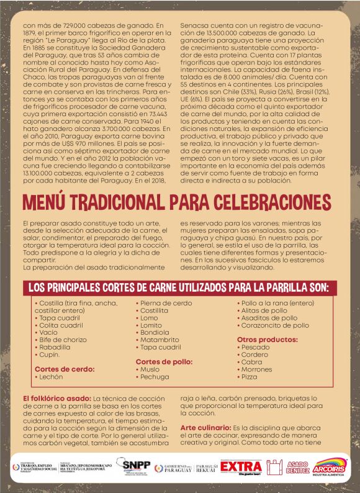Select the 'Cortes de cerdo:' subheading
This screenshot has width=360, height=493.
pos(65,368)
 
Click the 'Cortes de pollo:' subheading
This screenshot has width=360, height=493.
pos(164,361)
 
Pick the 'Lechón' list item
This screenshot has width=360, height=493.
pos(51,376)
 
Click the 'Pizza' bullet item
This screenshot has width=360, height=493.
pos(250,376)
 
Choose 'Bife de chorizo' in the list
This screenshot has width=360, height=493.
pos(63,340)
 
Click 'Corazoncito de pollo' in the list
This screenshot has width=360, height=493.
pos(275,325)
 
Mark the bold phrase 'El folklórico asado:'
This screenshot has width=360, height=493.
pos(56,397)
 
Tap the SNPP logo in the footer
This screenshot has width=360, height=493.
pos(135,465)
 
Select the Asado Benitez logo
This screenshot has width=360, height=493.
pos(298,467)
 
